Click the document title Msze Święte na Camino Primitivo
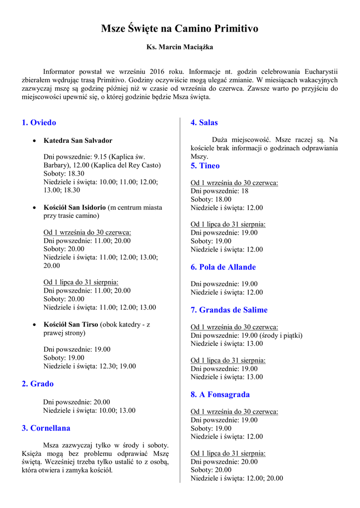click(180, 29)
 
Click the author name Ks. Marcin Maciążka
click(180, 47)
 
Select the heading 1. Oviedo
click(39, 123)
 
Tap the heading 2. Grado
click(38, 384)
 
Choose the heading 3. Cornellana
click(46, 428)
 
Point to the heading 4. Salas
click(204, 123)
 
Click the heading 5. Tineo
click(205, 166)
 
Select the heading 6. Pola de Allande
click(223, 267)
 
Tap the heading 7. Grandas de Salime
click(229, 310)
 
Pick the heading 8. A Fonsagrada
click(220, 395)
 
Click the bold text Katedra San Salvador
click(78, 141)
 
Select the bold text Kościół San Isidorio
click(74, 207)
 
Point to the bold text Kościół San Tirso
click(71, 324)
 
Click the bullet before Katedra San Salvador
click(34, 141)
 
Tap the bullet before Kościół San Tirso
click(34, 324)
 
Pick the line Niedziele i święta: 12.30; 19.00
click(89, 366)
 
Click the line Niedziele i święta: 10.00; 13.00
click(89, 410)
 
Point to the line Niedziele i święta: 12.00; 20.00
click(237, 479)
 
